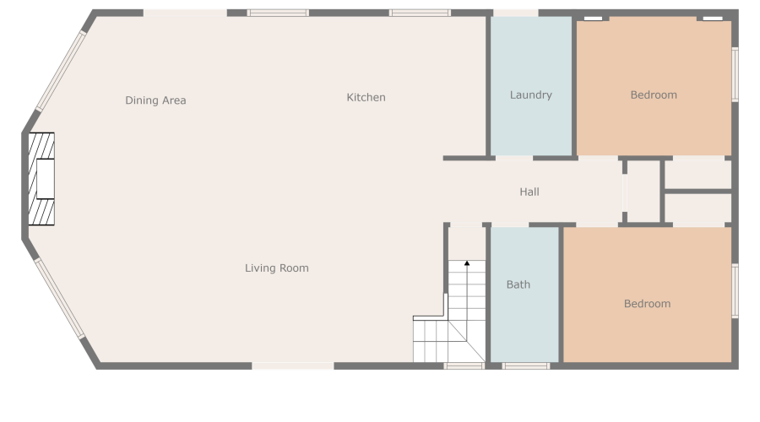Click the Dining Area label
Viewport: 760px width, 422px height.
click(x=155, y=100)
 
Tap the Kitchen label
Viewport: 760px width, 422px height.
click(x=366, y=98)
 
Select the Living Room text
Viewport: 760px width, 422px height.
click(x=276, y=268)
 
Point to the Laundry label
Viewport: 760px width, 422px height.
click(x=530, y=95)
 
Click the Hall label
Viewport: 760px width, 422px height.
click(x=529, y=192)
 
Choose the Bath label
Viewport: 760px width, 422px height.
click(x=518, y=284)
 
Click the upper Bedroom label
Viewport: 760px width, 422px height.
click(x=654, y=95)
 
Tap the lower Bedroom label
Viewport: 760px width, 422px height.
click(x=647, y=304)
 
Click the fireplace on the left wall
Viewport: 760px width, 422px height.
click(x=41, y=179)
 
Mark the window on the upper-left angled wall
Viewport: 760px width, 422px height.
click(x=60, y=71)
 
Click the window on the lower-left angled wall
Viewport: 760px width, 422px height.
click(x=59, y=298)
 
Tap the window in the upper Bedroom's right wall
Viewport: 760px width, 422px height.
click(x=735, y=74)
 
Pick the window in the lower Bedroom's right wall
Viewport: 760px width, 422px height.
click(x=735, y=291)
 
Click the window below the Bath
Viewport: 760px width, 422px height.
click(x=525, y=365)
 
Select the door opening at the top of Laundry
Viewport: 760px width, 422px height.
click(x=515, y=14)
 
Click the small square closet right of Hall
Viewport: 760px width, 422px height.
click(x=643, y=192)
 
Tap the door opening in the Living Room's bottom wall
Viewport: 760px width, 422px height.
click(x=293, y=365)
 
